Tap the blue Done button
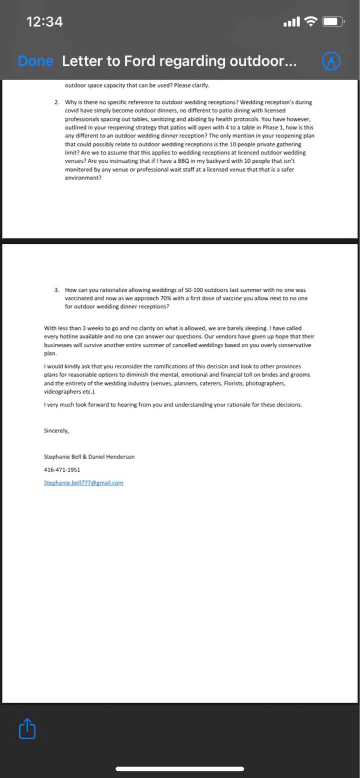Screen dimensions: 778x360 pos(35,61)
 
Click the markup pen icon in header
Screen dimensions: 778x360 pos(330,61)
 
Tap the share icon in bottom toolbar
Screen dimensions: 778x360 pos(27,729)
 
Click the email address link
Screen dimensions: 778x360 pos(83,483)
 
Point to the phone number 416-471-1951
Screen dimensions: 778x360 pos(62,470)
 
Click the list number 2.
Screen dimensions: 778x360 pos(57,102)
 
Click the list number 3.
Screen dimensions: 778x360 pos(57,290)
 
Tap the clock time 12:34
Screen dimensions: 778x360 pos(45,22)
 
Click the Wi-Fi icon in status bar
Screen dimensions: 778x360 pos(311,22)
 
